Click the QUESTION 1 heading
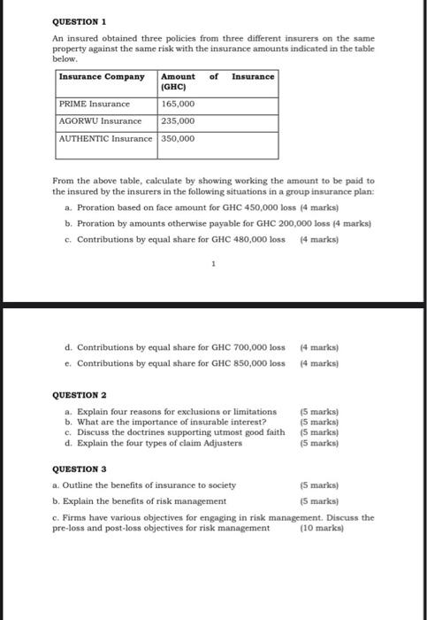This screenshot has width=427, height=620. tap(79, 19)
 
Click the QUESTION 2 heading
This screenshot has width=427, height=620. tap(79, 394)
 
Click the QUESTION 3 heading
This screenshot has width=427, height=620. tap(79, 469)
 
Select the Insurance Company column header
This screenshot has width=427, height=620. tap(102, 76)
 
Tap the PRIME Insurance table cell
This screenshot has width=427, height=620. tap(94, 104)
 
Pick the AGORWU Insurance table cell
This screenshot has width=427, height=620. tap(100, 120)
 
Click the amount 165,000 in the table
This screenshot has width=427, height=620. tap(179, 104)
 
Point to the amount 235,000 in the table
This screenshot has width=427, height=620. tap(179, 120)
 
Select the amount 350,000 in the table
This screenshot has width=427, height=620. tap(179, 138)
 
